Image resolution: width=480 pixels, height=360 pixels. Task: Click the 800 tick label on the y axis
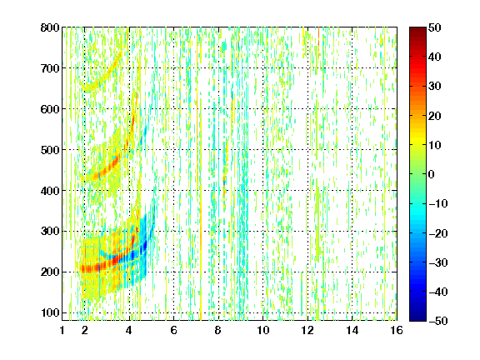coord(50,27)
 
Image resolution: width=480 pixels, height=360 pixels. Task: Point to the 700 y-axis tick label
coord(50,68)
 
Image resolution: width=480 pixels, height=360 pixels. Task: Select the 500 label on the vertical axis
coord(50,150)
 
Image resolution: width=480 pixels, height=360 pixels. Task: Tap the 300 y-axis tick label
coord(50,232)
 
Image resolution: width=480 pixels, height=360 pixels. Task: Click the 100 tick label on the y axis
coord(50,312)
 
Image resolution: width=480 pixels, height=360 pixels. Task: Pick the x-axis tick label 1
coord(62,330)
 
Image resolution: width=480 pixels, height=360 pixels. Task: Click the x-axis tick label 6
coord(174,330)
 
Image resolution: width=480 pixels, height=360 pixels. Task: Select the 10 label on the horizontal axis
coord(263,330)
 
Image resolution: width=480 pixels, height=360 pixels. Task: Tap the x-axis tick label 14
coord(352,330)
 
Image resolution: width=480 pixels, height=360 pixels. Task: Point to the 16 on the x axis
coord(397,330)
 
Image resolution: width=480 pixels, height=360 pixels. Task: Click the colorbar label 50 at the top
coord(434,27)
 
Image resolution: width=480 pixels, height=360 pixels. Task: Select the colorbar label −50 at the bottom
coord(438,321)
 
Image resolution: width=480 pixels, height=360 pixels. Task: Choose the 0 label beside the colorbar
coord(432,174)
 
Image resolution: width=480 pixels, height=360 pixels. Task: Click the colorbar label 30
coord(434,87)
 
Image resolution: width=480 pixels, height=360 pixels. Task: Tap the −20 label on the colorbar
coord(438,233)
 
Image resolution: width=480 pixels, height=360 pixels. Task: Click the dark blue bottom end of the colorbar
coord(417,318)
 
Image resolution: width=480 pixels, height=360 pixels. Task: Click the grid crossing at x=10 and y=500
coord(263,150)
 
